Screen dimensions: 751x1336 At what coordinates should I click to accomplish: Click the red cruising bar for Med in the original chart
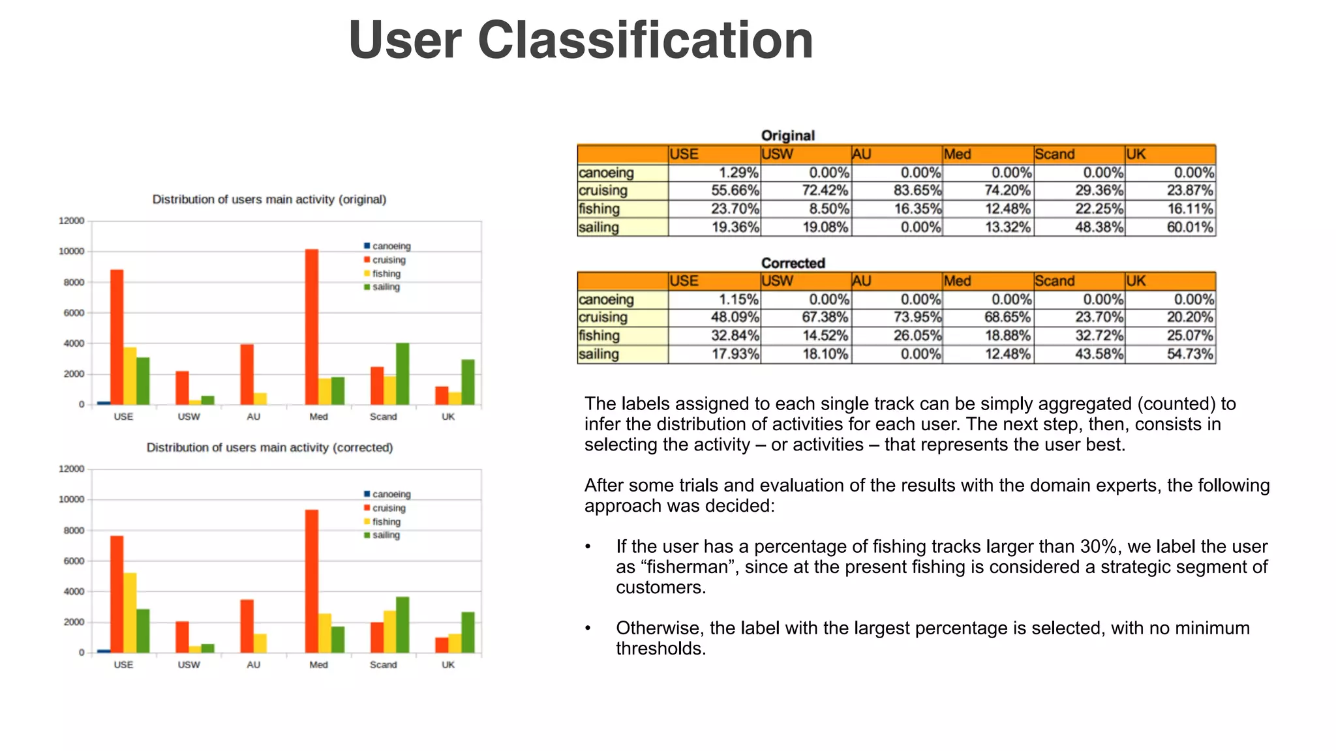click(312, 326)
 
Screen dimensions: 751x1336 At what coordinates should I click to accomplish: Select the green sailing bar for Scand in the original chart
click(402, 374)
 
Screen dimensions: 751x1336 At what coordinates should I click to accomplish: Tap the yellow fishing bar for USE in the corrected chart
click(130, 612)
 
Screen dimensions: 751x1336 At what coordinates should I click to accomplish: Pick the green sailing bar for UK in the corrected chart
click(468, 632)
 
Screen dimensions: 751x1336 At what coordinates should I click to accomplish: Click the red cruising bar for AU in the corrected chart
click(247, 626)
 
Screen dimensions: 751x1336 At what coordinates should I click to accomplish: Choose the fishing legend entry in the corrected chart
click(386, 522)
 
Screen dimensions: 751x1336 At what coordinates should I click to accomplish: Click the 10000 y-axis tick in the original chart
click(72, 252)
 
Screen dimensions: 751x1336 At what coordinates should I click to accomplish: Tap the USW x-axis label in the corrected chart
click(189, 665)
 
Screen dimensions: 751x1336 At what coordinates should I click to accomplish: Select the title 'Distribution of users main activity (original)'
click(269, 199)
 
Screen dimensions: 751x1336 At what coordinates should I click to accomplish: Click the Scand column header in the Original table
click(1054, 155)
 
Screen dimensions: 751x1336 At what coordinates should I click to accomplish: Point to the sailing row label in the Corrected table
click(599, 354)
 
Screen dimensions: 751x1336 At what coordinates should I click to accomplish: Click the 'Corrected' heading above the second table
click(793, 263)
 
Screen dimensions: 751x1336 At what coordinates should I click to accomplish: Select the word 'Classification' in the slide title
click(645, 40)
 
